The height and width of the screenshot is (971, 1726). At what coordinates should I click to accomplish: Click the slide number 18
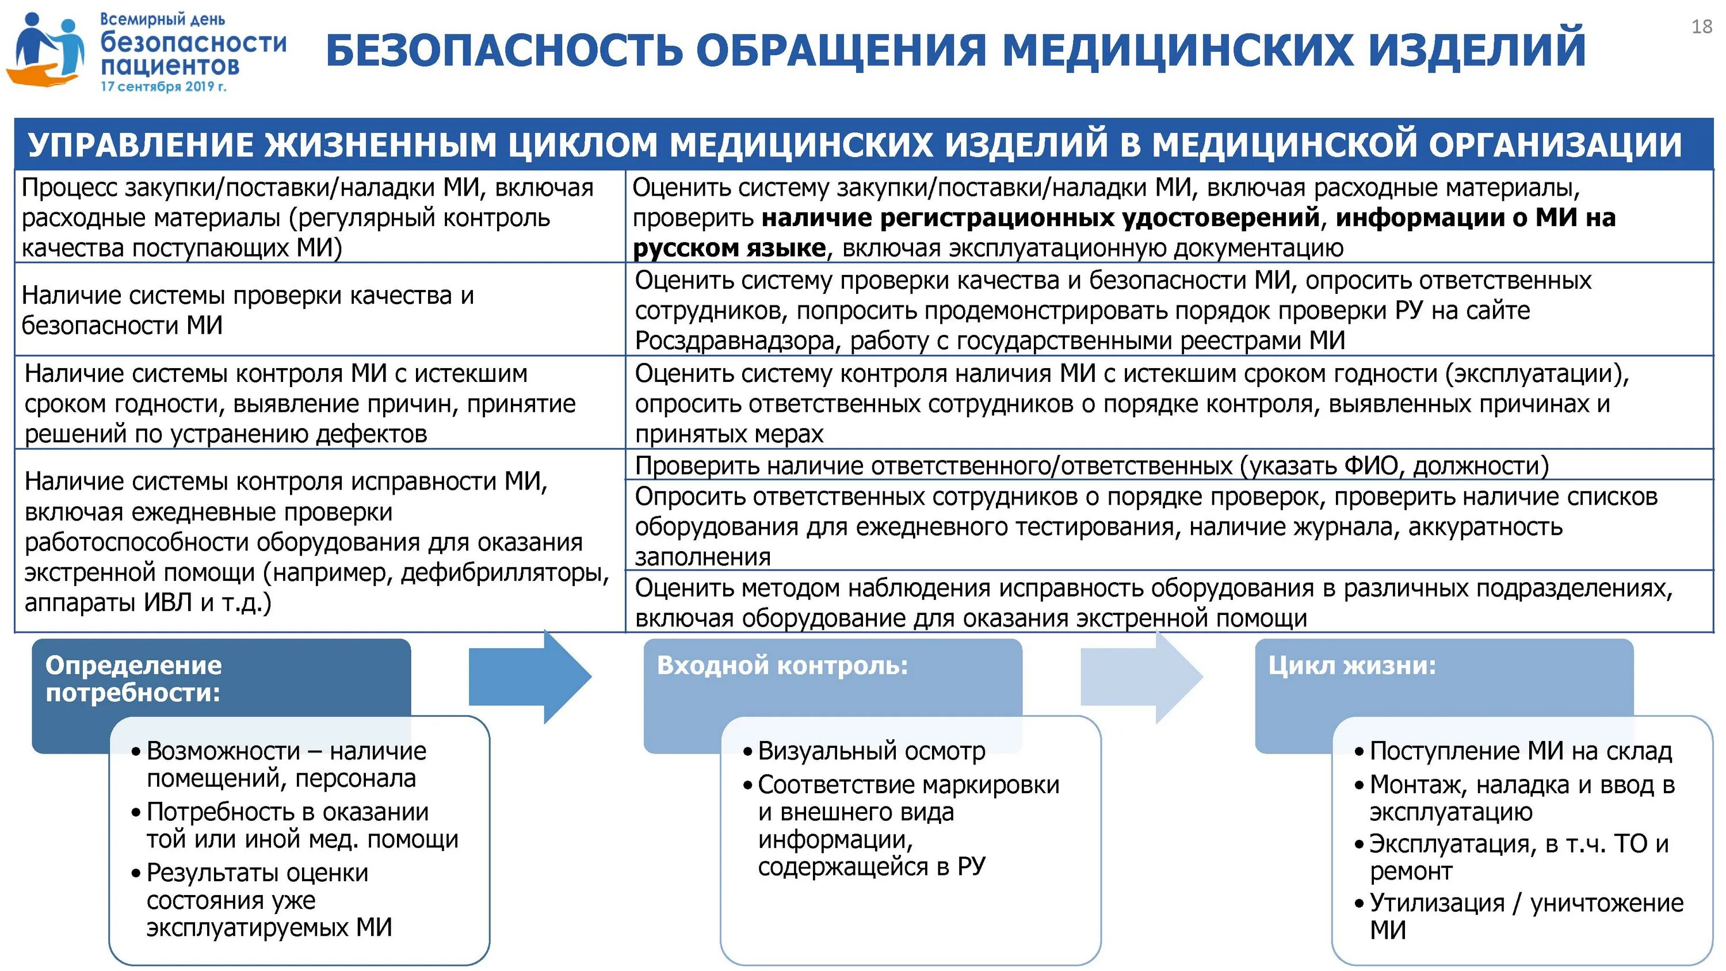tap(1701, 27)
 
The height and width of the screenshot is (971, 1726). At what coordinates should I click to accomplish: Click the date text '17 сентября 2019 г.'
tap(163, 86)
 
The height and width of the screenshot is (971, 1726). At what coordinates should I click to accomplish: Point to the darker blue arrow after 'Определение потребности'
tap(530, 677)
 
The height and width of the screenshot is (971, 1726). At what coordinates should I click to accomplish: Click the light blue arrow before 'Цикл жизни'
tap(1141, 677)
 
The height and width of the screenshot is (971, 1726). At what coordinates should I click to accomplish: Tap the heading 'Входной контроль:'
tap(782, 666)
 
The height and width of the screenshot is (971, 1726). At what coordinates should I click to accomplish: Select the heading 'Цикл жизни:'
tap(1351, 666)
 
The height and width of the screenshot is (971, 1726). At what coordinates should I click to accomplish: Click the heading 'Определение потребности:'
tap(133, 678)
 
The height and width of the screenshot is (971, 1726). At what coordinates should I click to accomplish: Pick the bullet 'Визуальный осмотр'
tap(871, 751)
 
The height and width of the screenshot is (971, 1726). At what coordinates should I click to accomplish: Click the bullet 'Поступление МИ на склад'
tap(1520, 751)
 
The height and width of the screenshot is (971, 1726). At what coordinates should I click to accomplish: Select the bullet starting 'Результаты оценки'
tap(268, 900)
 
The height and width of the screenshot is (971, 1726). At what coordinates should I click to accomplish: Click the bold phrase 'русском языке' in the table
tap(729, 249)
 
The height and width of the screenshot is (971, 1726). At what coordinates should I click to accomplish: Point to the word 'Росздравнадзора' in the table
tap(736, 341)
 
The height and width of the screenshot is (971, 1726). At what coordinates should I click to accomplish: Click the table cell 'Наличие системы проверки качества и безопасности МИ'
tap(248, 310)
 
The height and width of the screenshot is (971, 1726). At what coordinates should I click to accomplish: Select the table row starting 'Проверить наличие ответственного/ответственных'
tap(1091, 465)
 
